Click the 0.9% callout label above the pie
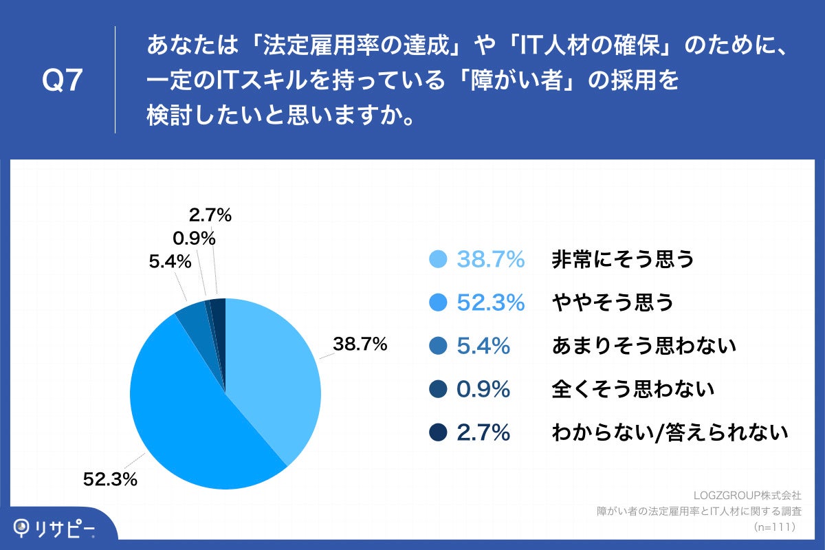[195, 239]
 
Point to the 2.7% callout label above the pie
[210, 215]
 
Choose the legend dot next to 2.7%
[438, 432]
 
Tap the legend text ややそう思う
[613, 302]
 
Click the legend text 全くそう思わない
[633, 389]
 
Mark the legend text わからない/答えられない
[669, 432]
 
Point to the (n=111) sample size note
[774, 527]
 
